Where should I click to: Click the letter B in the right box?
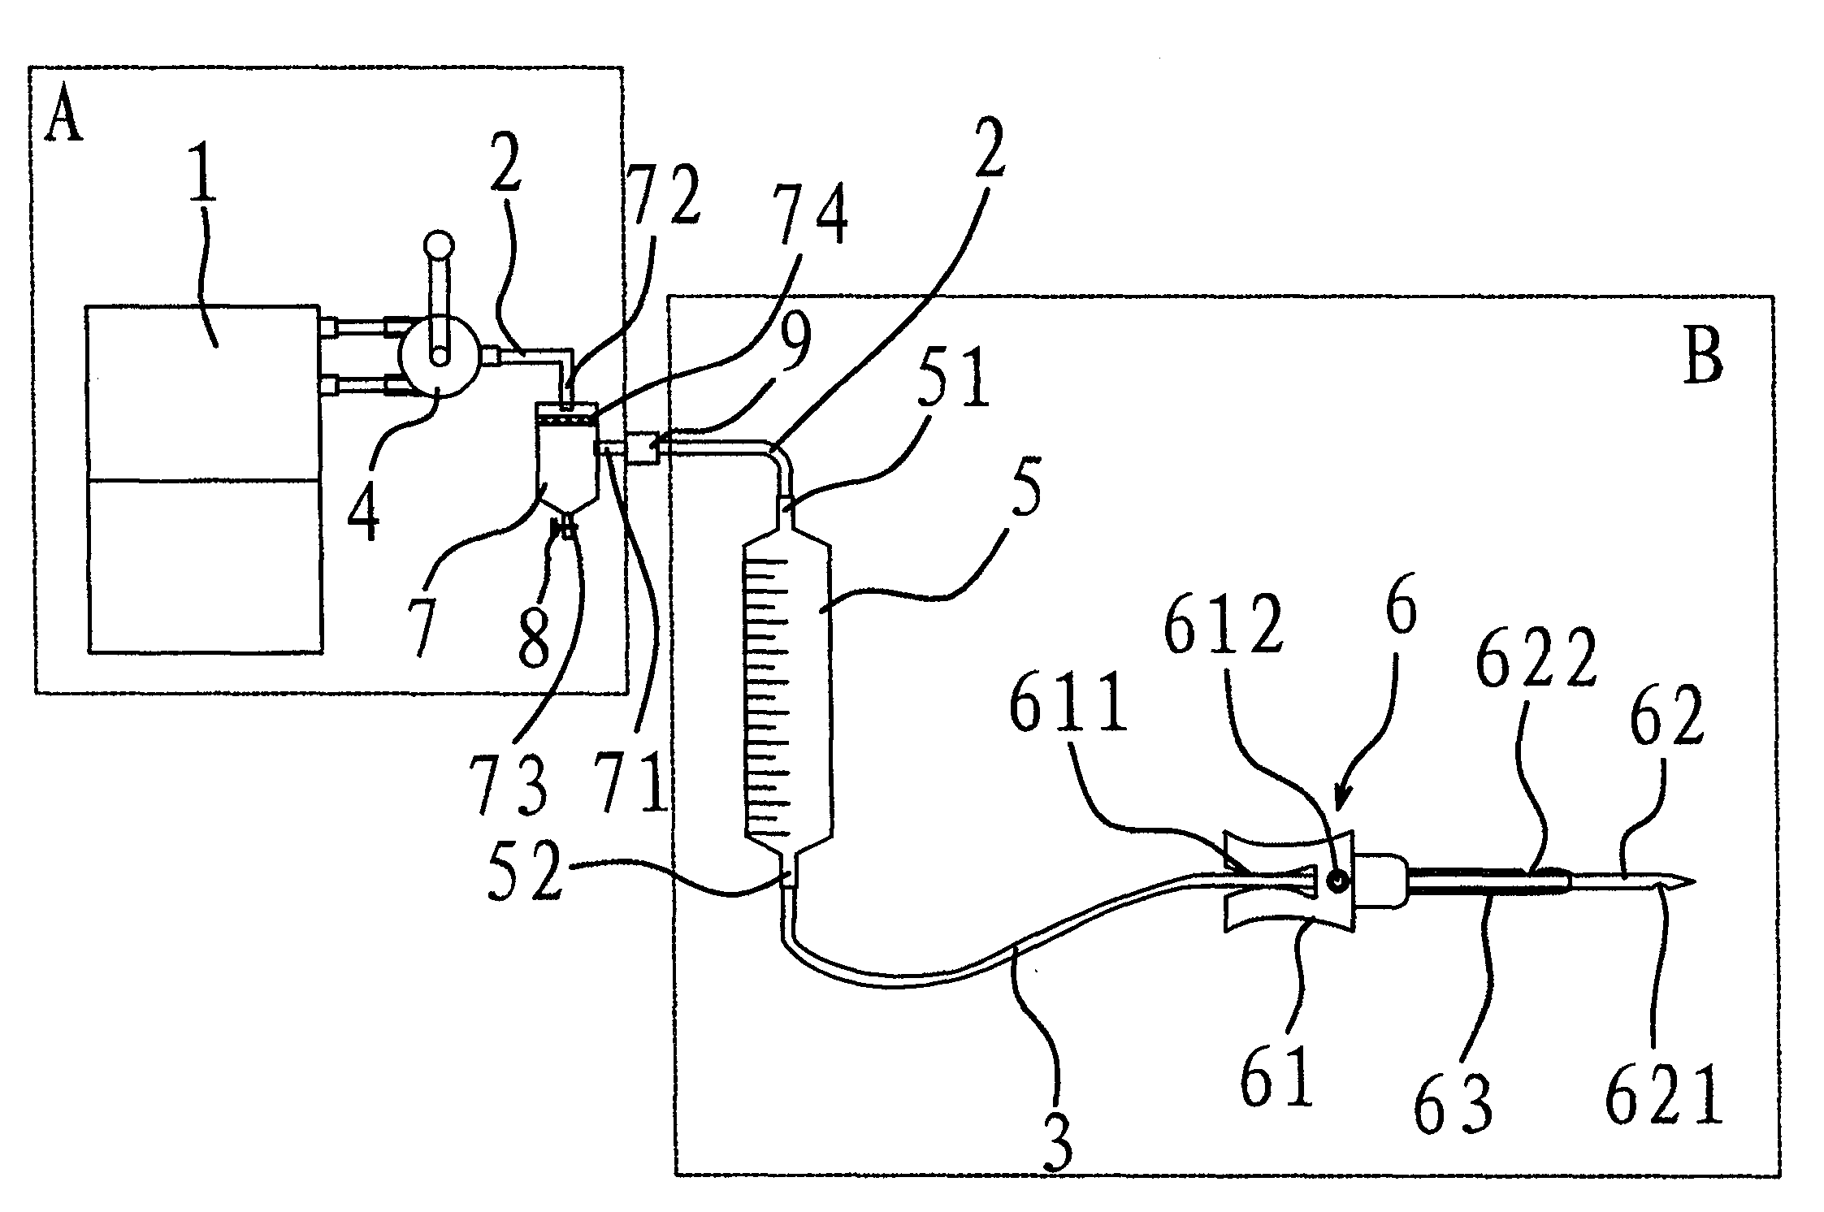coord(1702,357)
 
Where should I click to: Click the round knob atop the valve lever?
coord(440,245)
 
